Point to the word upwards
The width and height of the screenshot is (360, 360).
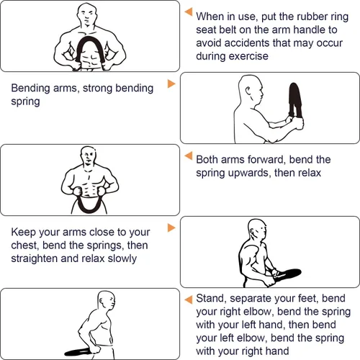249,174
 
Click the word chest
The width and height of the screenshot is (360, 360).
24,246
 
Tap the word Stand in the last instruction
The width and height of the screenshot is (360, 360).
210,299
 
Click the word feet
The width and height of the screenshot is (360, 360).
307,299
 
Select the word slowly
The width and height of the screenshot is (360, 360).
122,259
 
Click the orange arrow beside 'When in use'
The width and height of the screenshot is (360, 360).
189,12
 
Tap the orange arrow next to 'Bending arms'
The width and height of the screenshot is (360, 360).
171,84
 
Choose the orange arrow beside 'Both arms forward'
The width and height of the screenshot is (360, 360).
189,156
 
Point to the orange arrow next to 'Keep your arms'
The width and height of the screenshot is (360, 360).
171,228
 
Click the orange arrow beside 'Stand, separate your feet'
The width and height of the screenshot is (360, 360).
189,300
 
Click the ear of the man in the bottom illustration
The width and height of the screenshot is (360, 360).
102,300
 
